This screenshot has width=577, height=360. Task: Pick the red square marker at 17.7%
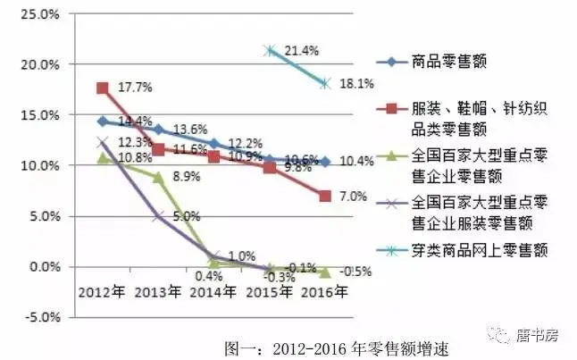click(103, 88)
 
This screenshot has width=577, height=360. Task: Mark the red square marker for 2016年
click(325, 196)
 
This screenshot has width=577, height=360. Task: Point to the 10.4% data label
click(358, 162)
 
